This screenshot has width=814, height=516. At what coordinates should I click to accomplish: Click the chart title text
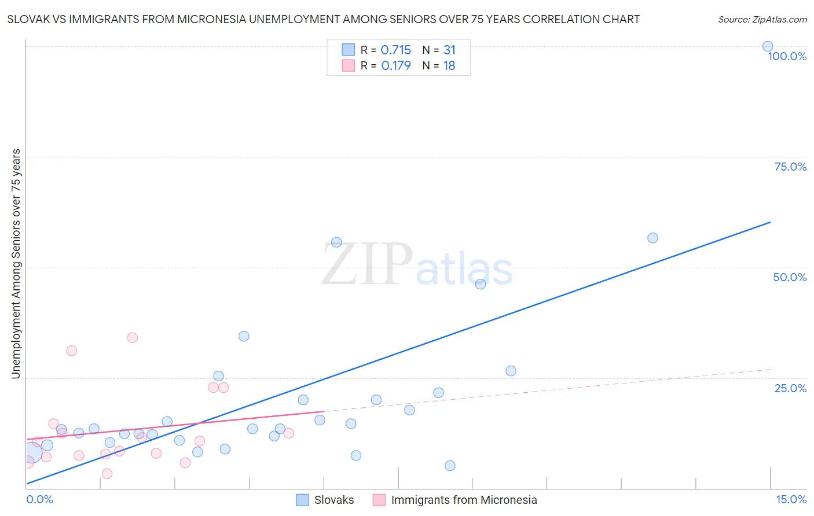pos(323,19)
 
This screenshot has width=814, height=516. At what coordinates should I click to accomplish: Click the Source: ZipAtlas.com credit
pos(762,19)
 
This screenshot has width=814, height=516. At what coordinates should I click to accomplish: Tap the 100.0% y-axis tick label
pos(787,56)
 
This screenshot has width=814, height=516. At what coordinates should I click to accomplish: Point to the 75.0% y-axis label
pos(790,167)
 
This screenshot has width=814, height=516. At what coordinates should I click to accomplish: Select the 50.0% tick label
pos(790,277)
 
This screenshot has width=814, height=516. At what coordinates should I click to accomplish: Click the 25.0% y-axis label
pos(790,388)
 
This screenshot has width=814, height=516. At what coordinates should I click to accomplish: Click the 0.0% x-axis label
pos(39,499)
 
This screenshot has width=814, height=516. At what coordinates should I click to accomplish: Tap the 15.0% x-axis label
pos(791,499)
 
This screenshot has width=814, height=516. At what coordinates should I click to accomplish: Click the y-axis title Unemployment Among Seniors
pos(16,264)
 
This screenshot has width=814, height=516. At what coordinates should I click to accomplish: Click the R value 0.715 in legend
pos(395,50)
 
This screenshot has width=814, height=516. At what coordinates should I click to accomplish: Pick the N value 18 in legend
pos(449,66)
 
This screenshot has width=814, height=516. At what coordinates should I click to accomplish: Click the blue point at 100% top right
pos(768,46)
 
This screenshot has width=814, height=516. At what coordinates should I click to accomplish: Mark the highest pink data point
pos(133,338)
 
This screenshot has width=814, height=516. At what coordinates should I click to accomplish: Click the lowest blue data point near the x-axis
pos(450,466)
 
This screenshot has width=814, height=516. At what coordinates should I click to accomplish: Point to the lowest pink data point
pos(107,474)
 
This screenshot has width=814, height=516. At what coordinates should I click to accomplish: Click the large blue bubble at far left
pos(32,452)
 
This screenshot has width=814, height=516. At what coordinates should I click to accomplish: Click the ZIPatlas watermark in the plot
pos(417,265)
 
